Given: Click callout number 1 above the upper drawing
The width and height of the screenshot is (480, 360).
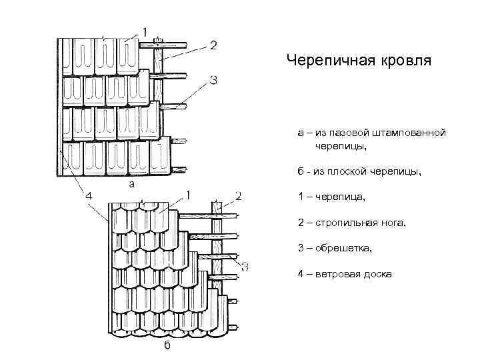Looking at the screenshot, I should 145,30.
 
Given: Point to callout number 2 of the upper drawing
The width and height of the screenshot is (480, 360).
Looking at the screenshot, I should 213,45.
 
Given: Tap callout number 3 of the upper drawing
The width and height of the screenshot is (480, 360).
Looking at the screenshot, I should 213,81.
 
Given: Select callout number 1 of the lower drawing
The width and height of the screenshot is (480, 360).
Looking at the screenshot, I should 190,195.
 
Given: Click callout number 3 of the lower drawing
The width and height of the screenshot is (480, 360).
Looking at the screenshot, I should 245,267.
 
